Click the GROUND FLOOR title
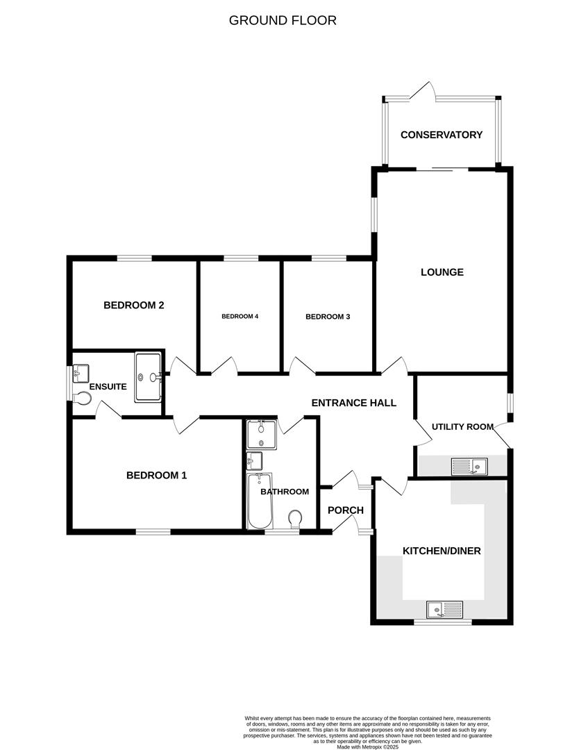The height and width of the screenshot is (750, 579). click(283, 20)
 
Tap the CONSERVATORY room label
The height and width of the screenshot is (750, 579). click(441, 135)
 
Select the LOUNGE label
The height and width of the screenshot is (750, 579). click(442, 272)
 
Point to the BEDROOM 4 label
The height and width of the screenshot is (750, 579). click(240, 317)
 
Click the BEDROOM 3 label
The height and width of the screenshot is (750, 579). click(328, 317)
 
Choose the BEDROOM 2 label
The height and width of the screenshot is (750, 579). click(133, 305)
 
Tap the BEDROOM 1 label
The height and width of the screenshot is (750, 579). click(156, 476)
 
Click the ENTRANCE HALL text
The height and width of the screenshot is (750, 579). click(353, 403)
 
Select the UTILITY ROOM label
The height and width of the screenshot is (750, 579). click(462, 426)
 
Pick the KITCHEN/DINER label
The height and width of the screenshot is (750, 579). click(442, 551)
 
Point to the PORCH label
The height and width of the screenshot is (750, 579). click(345, 510)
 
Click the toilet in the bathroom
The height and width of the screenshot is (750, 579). click(295, 518)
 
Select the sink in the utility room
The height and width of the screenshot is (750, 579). click(469, 465)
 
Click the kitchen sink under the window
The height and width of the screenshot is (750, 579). click(444, 609)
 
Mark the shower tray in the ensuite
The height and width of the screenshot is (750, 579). click(148, 377)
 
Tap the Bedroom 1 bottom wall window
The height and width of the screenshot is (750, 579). click(153, 532)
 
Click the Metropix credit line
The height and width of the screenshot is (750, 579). click(367, 747)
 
